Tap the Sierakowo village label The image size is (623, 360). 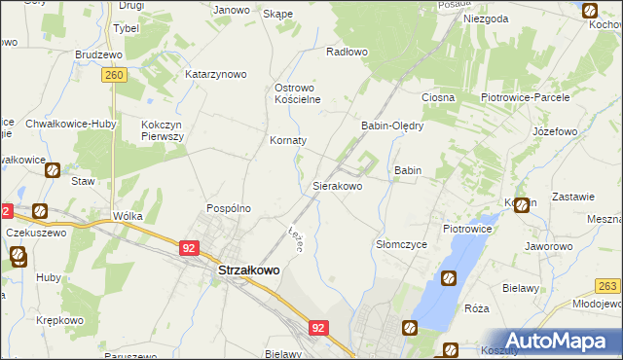click(337, 185)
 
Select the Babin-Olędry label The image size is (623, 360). click(392, 126)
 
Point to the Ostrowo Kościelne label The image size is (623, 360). click(304, 92)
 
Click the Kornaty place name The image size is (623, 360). click(288, 140)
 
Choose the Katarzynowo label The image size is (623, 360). click(216, 74)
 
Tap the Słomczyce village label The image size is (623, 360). click(401, 245)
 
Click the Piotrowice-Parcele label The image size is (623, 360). click(525, 98)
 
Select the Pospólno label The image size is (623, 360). click(229, 208)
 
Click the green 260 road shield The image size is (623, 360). click(115, 75)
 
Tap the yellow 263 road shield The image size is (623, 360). click(608, 285)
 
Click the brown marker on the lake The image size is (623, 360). click(449, 279)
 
